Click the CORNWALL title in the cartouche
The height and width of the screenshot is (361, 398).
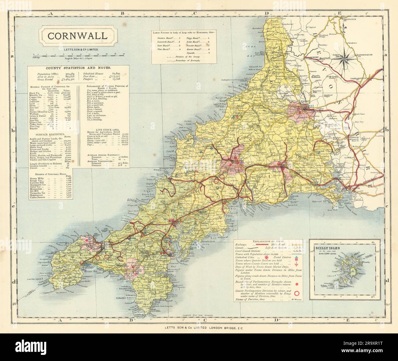(77, 36)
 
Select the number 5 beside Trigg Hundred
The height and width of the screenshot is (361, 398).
(208, 36)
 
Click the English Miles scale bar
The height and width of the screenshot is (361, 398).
(77, 55)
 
